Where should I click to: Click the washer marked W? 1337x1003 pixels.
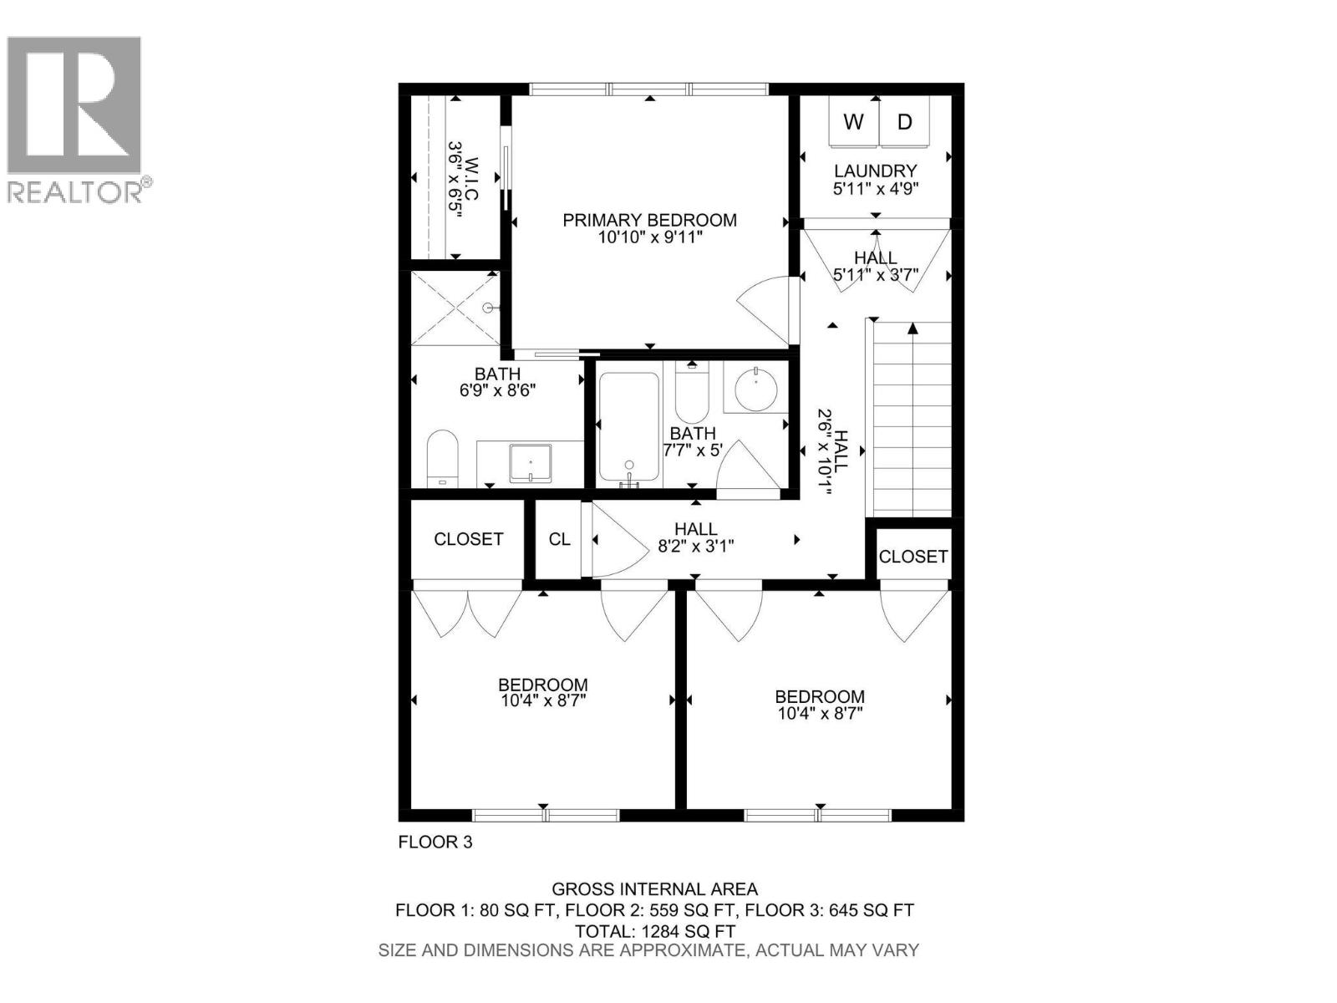coord(853,123)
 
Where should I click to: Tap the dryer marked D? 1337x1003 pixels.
coord(904,123)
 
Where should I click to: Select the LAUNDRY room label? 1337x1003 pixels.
coord(875,171)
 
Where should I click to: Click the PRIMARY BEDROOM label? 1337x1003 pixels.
coord(649,220)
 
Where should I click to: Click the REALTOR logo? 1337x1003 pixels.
coord(75,117)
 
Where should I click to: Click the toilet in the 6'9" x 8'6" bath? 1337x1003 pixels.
coord(442,458)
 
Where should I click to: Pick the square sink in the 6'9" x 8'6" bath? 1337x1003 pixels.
coord(531,463)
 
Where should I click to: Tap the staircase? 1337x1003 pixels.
coord(913,419)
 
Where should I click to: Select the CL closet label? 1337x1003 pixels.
coord(559,539)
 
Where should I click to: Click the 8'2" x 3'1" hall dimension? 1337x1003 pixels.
coord(695,547)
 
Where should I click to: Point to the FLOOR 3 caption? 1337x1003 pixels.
coord(435,842)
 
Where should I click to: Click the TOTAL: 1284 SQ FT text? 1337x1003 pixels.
coord(654,931)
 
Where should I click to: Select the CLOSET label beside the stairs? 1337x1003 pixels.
coord(913,556)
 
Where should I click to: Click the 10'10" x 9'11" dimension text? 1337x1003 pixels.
coord(649,237)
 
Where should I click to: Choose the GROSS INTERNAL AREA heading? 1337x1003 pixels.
coord(654,889)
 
